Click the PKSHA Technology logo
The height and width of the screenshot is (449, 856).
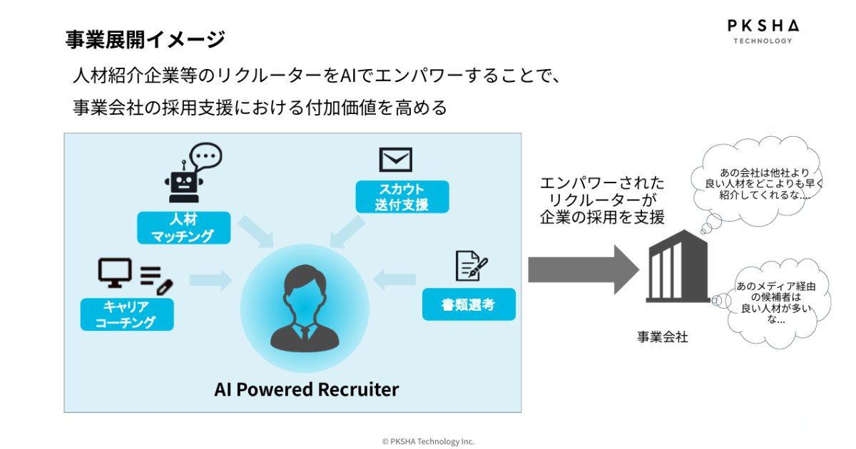pos(763,31)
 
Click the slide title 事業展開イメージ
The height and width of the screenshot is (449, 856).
pos(145,39)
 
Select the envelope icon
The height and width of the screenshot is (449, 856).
pos(396,159)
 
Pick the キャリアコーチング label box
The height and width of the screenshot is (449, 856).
pos(126,314)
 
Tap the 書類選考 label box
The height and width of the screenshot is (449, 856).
pos(468,304)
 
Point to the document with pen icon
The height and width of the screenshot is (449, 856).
pos(471,266)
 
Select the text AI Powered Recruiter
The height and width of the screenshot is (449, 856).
pos(307,390)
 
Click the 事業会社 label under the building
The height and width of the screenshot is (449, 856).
pos(663,337)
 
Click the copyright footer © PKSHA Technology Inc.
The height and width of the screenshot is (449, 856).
pos(428,441)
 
